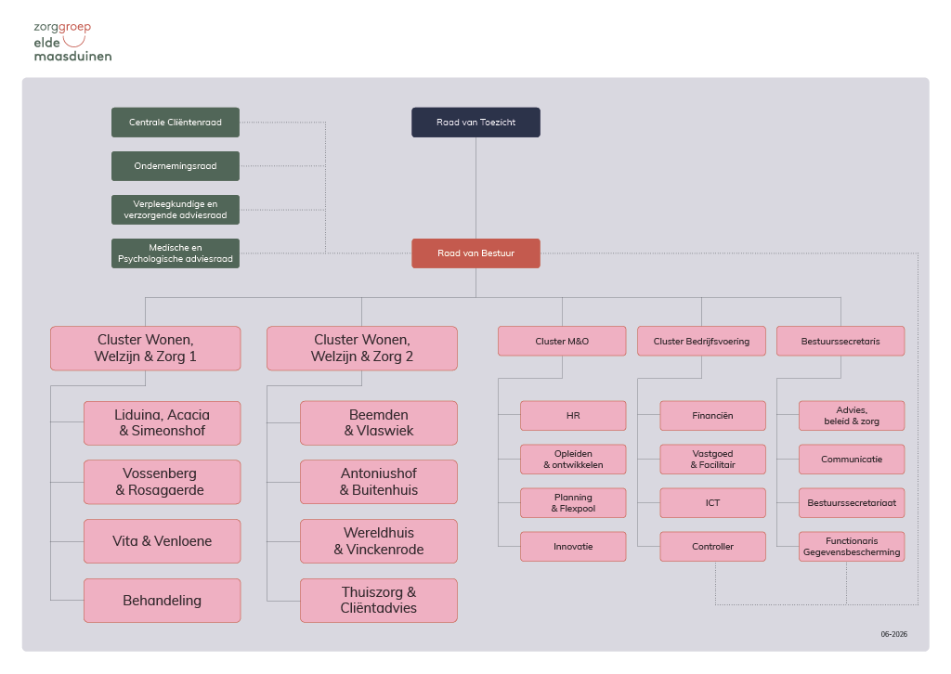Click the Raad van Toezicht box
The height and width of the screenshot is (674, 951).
(475, 123)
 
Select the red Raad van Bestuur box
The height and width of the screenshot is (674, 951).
(475, 253)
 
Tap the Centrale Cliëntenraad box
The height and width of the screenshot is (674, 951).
(176, 123)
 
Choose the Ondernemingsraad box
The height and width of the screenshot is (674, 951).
(176, 166)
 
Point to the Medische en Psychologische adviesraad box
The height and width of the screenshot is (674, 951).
(176, 253)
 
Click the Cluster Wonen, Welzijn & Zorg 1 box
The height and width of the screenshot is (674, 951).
(146, 348)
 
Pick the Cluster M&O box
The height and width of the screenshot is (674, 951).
(562, 342)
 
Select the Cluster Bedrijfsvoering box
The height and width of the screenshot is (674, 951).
(702, 342)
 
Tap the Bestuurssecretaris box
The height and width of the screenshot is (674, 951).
(840, 342)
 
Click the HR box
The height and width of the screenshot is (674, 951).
(573, 416)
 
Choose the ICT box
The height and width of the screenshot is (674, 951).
(712, 503)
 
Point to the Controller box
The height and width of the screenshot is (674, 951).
(712, 547)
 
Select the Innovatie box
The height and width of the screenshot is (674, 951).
(573, 547)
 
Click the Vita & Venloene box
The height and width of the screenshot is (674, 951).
(162, 541)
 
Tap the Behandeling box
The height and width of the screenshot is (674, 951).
(162, 601)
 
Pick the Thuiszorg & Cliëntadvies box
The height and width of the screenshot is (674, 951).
(379, 601)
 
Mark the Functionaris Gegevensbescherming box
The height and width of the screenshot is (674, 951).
(852, 547)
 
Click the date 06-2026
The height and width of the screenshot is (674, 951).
(894, 634)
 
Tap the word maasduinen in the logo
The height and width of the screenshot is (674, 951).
(72, 57)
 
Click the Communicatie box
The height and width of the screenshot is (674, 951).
(852, 460)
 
